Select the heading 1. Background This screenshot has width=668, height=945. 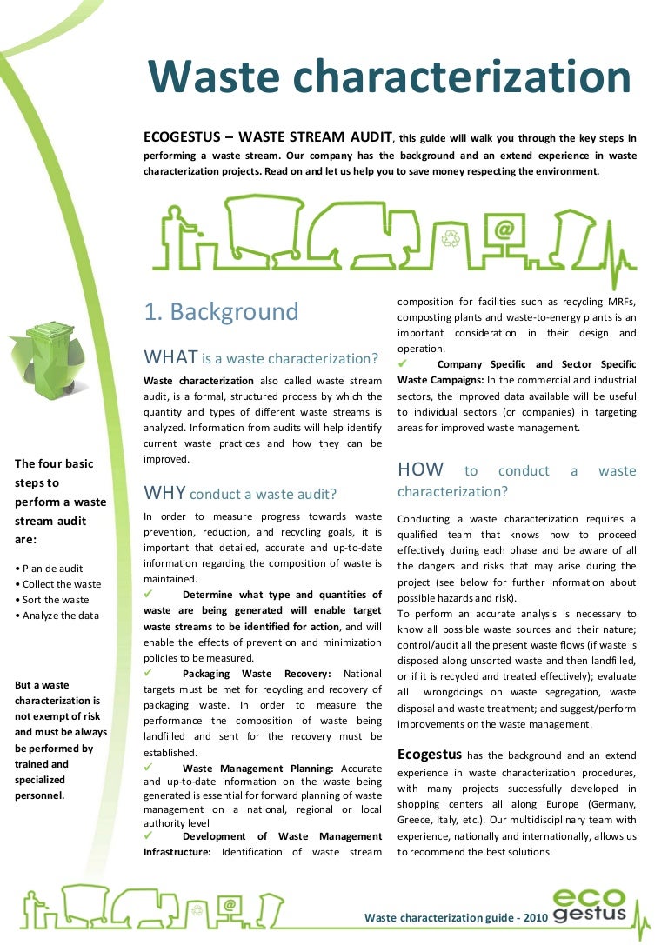(221, 312)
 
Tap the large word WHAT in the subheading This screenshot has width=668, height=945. (171, 357)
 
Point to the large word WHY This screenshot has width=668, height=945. (165, 494)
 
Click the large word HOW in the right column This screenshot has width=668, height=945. (421, 470)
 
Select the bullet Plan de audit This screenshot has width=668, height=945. (50, 569)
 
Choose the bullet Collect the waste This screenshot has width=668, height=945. (58, 584)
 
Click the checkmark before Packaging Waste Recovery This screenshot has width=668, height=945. (149, 673)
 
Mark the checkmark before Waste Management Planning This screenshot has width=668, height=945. (149, 768)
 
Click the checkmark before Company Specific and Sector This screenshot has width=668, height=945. (403, 363)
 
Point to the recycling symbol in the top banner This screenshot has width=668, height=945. (451, 236)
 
